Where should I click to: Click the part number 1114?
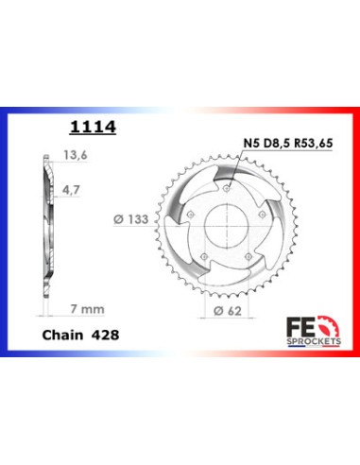coord(93,127)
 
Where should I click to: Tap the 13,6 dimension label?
coord(76,155)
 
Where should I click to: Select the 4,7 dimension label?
coord(71,190)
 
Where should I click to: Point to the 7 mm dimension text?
coord(87,309)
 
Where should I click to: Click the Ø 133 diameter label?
coord(130,219)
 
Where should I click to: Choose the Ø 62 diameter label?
coord(228,311)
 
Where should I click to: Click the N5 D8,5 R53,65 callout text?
coord(288,144)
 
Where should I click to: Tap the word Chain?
coord(62,335)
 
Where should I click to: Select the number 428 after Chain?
coord(105,335)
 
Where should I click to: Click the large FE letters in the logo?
coord(300,328)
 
